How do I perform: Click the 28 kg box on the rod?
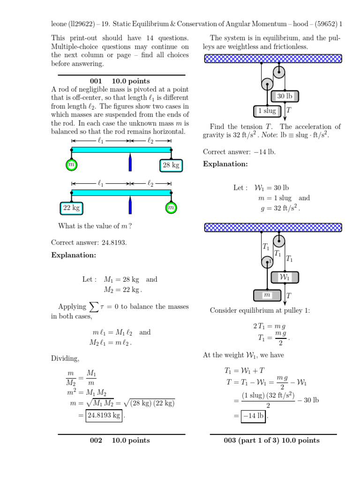coord(171,165)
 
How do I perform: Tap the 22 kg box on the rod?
coord(72,208)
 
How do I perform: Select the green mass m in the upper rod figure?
coord(71,165)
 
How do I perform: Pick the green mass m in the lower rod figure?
coord(171,208)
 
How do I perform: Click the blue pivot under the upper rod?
coord(130,163)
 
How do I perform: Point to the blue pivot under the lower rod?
coord(130,205)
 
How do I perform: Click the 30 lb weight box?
coord(285,96)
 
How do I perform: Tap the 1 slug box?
coord(267,111)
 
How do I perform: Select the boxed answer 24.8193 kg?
coord(104,415)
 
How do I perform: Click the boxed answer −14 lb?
coord(254,415)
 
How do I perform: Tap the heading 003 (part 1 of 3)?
coord(272,440)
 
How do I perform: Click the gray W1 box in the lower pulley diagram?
coord(285,277)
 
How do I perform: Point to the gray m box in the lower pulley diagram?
coord(267,295)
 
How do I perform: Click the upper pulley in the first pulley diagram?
coord(279,72)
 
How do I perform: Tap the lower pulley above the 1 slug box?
coord(267,84)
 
